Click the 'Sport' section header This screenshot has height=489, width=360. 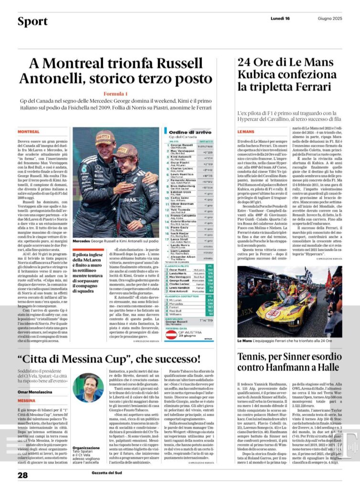tap(32, 21)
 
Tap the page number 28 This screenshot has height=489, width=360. tap(23, 475)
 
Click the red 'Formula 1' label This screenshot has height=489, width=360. tap(116, 94)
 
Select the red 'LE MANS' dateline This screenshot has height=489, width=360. tap(246, 131)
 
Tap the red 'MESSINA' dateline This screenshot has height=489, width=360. tap(27, 400)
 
